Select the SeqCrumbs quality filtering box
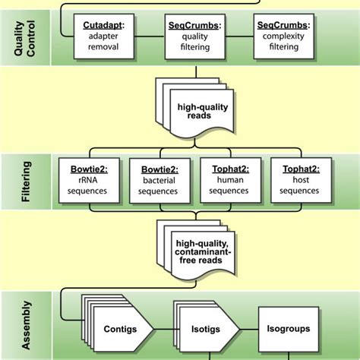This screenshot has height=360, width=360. pos(194,36)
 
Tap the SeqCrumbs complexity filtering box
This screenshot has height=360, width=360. pos(281,36)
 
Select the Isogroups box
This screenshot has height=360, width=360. pos(289,330)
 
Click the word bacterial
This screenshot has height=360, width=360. pos(157,180)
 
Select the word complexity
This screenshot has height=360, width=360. pos(281,36)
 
